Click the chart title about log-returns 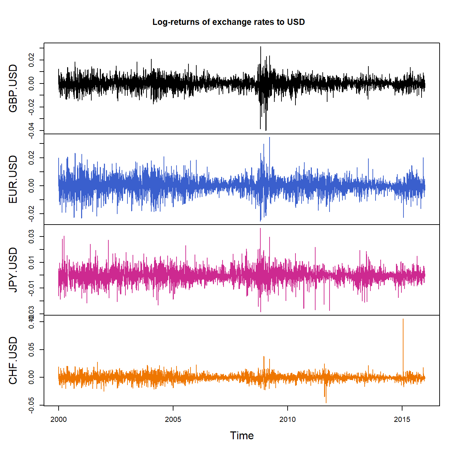pyautogui.click(x=228, y=22)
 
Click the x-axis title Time pyautogui.click(x=242, y=436)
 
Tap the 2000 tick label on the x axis pyautogui.click(x=59, y=419)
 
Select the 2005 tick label pyautogui.click(x=173, y=419)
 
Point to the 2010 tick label pyautogui.click(x=288, y=419)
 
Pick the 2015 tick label pyautogui.click(x=402, y=419)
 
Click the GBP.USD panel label pyautogui.click(x=13, y=88)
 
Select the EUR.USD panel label pyautogui.click(x=13, y=179)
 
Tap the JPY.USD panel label pyautogui.click(x=13, y=270)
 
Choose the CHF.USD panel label pyautogui.click(x=13, y=361)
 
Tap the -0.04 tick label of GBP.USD pyautogui.click(x=31, y=131)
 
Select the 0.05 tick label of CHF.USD pyautogui.click(x=31, y=350)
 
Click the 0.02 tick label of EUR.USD pyautogui.click(x=31, y=158)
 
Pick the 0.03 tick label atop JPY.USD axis pyautogui.click(x=31, y=236)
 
